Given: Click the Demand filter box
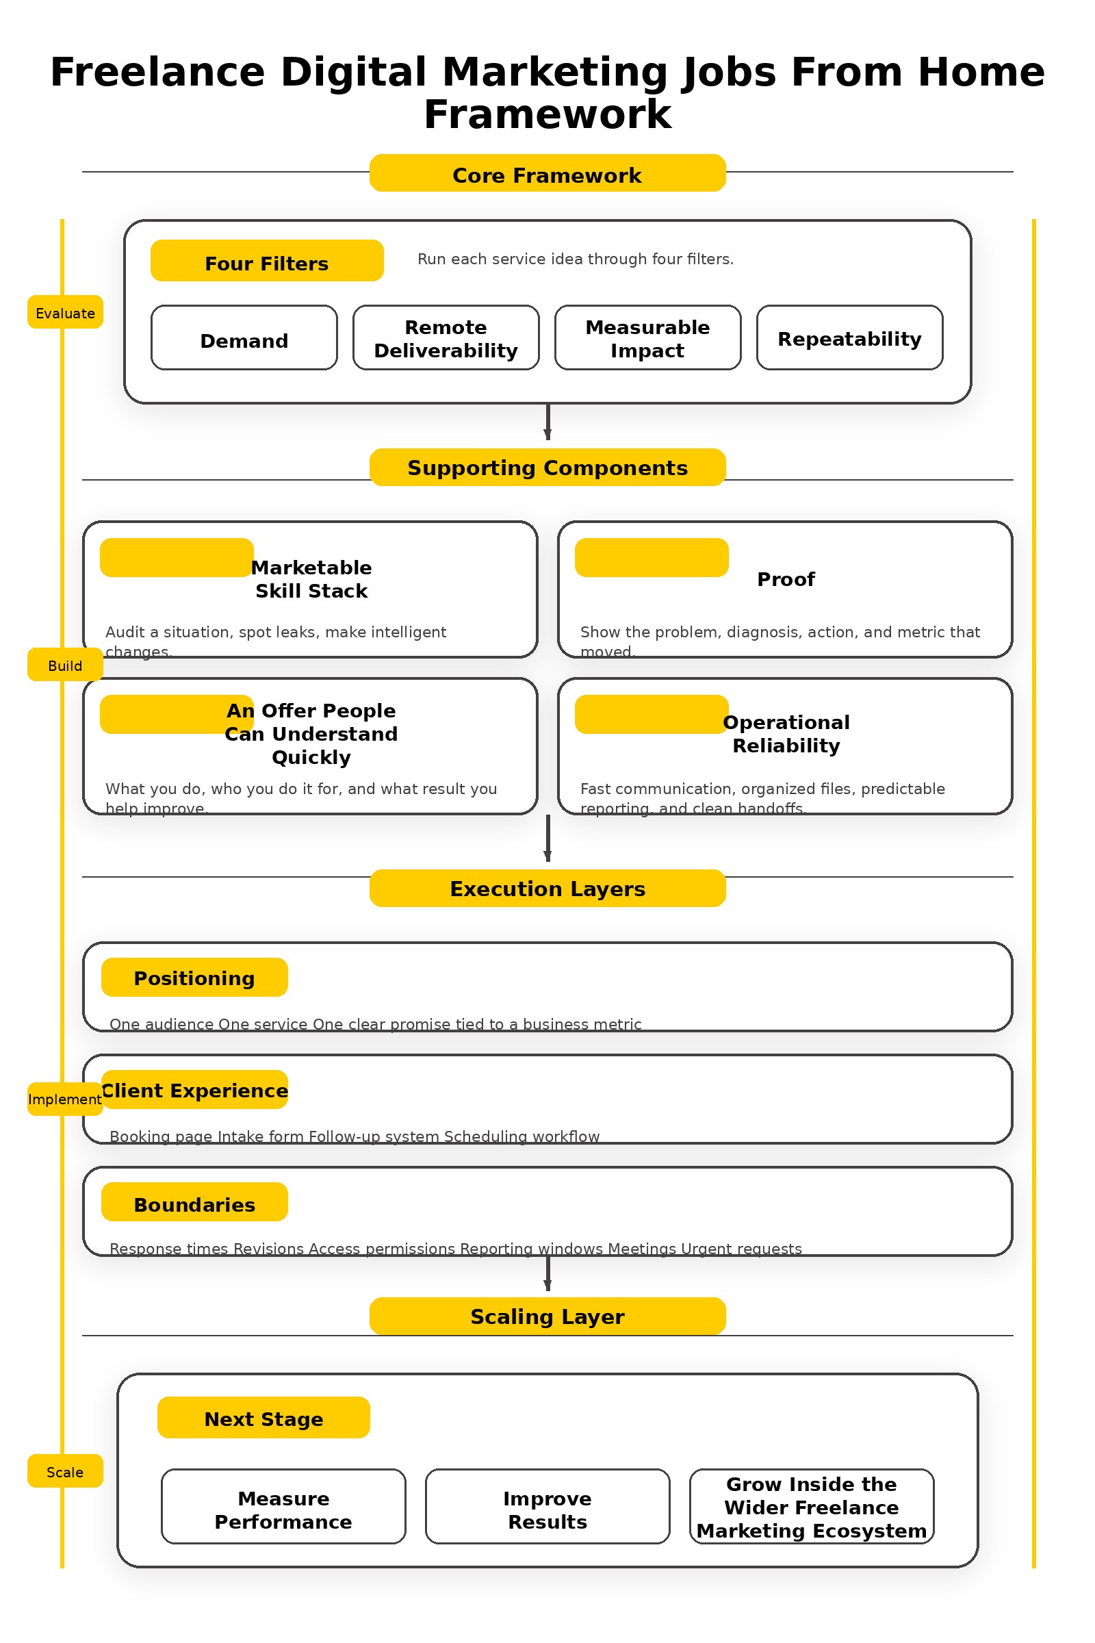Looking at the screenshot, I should coord(244,337).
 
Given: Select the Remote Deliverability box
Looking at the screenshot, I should coord(446,337).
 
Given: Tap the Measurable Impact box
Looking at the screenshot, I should coord(647,337).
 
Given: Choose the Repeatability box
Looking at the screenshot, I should coord(849,337).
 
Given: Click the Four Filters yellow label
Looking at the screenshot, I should coord(267,261).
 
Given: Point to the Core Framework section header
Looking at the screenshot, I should coord(547,173).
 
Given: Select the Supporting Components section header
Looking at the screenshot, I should coord(547,468).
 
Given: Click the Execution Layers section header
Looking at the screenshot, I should coord(547,888).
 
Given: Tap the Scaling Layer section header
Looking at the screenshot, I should coord(547,1316).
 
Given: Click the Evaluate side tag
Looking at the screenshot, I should coord(65,312).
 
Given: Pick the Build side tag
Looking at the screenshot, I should coord(65,664).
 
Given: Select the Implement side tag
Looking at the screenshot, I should coord(65,1099).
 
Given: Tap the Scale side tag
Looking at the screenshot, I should coord(65,1471).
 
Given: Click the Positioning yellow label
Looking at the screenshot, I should coord(194,978).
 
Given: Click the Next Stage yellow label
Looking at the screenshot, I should coord(263,1417).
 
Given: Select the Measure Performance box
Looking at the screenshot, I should coord(283,1507).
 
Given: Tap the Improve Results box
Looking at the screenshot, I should coord(547,1507).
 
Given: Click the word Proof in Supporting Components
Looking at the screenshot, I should coord(786,579).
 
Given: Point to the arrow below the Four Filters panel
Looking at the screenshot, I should coord(547,422).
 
